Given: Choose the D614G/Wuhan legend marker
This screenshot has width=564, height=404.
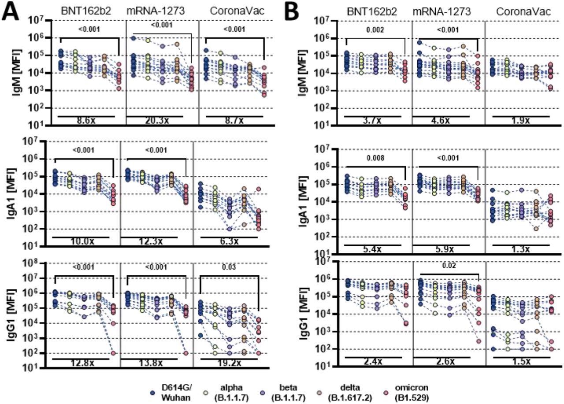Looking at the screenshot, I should [x=152, y=390].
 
